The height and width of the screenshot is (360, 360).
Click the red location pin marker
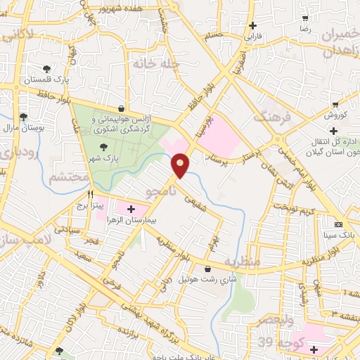point(181,165)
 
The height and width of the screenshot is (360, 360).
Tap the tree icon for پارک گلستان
point(46,69)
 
